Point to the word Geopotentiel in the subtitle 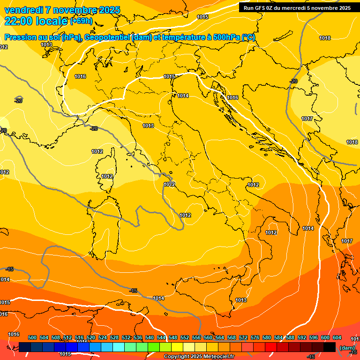coord(107,37)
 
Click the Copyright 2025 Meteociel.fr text coord(199,357)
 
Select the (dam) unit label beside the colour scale coord(347,347)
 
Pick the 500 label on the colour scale coord(32,337)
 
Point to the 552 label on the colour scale coord(185,337)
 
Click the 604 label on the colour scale coord(337,337)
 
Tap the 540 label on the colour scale coord(150,337)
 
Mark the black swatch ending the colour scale coord(330,347)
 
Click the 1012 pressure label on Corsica coord(107,176)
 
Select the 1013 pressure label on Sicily coord(241,300)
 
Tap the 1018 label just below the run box coord(325,38)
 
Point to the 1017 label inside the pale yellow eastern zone coord(307,119)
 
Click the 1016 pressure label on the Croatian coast coord(232,97)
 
